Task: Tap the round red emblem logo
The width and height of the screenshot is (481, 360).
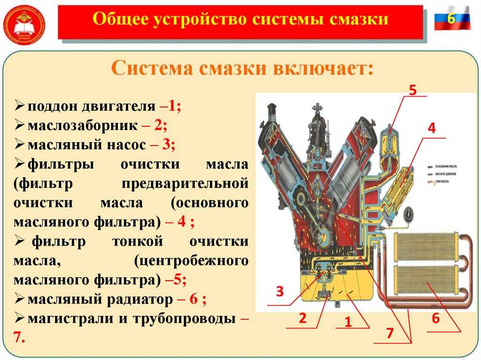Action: tap(24, 24)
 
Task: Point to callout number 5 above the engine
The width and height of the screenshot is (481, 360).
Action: tap(412, 90)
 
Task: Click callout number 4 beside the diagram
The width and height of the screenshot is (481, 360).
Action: tap(431, 128)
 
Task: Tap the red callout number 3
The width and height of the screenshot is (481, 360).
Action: tap(280, 291)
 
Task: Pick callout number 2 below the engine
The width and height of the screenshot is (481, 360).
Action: tap(302, 318)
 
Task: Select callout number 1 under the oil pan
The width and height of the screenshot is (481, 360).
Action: tap(348, 322)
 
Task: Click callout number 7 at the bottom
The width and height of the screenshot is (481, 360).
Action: tap(389, 333)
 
